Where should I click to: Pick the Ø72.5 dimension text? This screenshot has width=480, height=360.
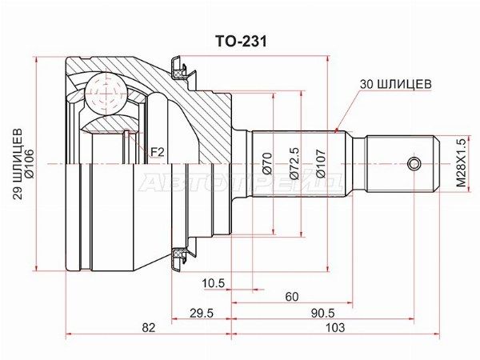pos(294,165)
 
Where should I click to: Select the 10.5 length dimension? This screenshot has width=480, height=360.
pos(213,283)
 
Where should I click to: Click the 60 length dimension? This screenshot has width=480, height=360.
pos(291,297)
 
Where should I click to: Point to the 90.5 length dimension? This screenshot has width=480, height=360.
pos(323,312)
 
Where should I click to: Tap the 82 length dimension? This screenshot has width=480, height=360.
pos(148,327)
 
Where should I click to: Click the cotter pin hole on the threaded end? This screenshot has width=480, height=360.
pos(413,164)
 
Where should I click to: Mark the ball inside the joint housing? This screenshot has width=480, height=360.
pos(104,94)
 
